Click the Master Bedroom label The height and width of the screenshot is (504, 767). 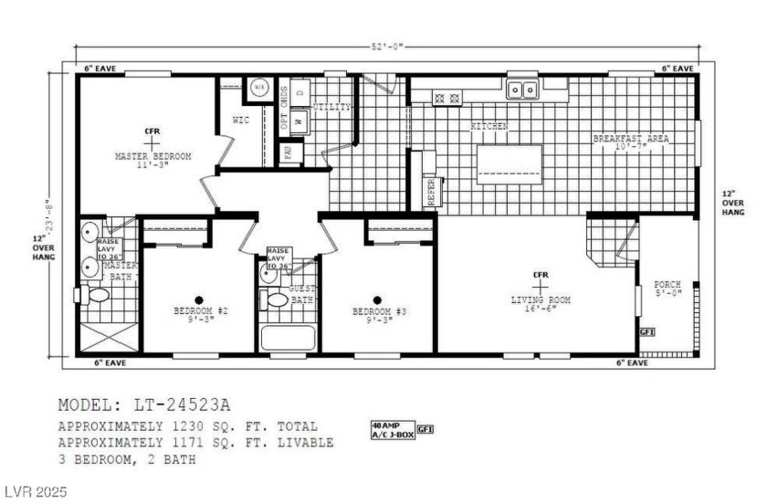coord(152,157)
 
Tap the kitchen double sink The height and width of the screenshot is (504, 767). coord(522,89)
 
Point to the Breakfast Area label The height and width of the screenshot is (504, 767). coord(631,139)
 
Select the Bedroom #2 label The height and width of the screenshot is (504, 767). coord(200,311)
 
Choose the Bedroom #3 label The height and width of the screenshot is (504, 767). coord(379,311)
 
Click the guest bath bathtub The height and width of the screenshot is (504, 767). coord(289,336)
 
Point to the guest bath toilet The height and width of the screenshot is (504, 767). coord(275,299)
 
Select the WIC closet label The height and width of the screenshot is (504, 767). coord(241,120)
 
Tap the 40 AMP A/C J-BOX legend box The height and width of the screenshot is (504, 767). coord(391,429)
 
